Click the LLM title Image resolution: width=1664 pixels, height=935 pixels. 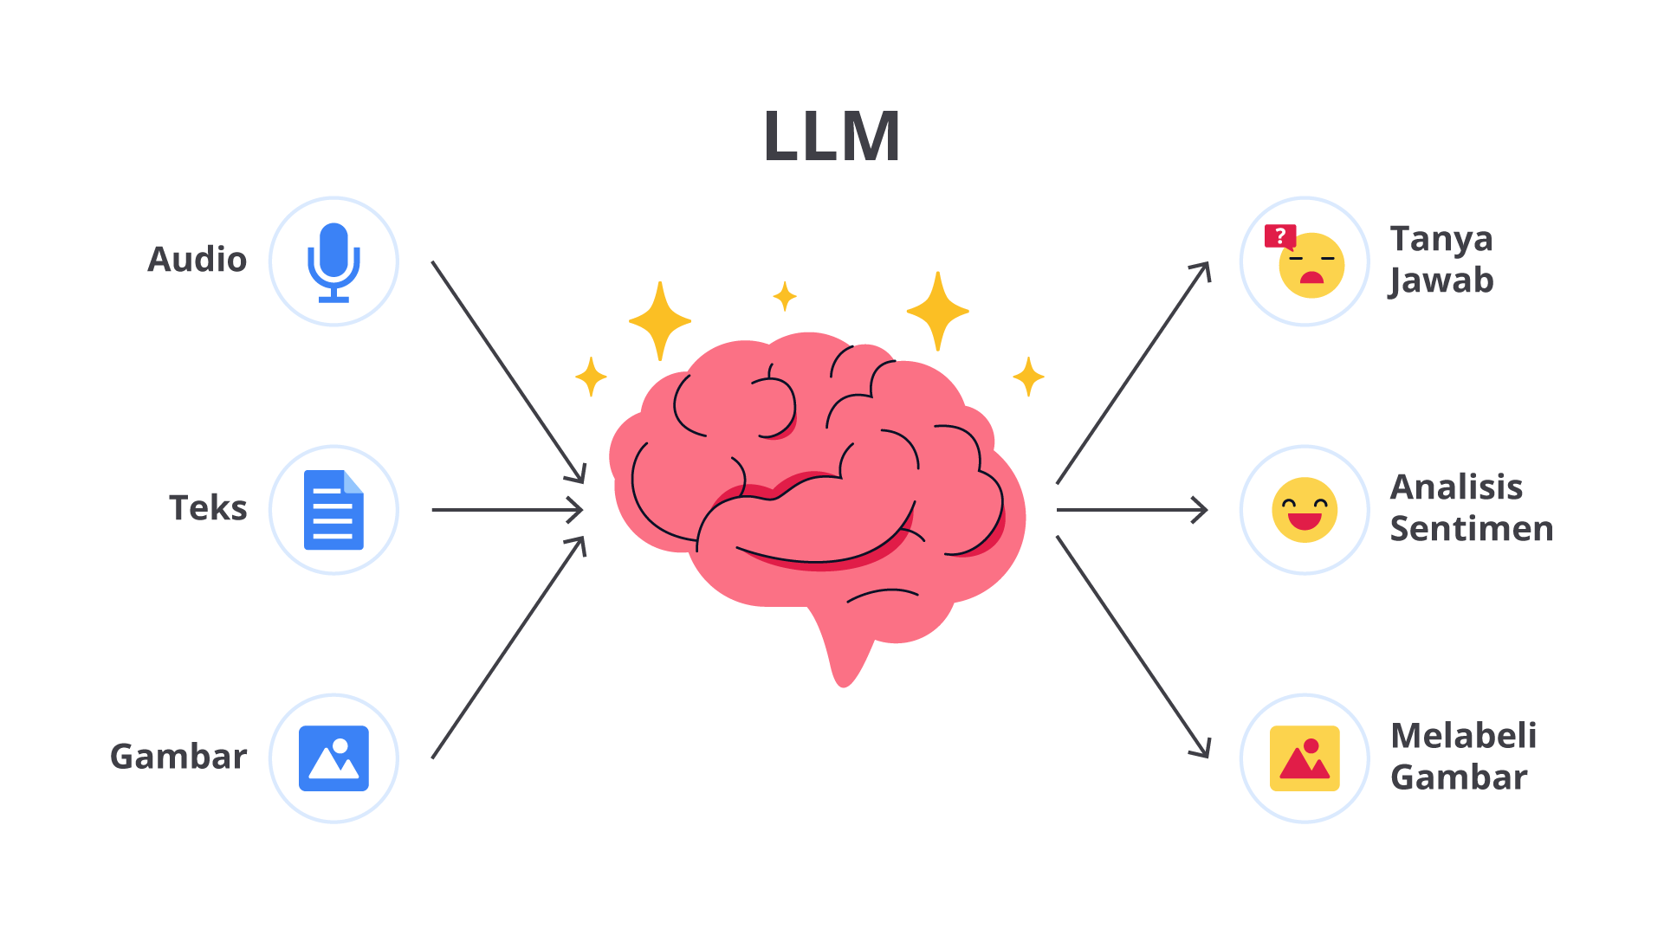(x=832, y=137)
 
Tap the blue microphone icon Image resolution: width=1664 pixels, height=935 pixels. (x=333, y=261)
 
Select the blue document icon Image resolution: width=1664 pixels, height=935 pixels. (x=333, y=510)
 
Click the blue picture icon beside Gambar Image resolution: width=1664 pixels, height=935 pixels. (x=333, y=758)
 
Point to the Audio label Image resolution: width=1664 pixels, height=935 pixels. (x=197, y=260)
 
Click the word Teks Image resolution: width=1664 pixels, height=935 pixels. (x=208, y=508)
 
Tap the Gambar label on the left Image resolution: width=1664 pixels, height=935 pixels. (x=178, y=757)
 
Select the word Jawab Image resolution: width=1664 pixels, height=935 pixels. (x=1441, y=281)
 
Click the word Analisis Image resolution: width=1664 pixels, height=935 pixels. (x=1456, y=487)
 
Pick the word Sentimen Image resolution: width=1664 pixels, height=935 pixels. (x=1472, y=529)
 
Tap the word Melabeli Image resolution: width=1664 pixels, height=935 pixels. (x=1463, y=736)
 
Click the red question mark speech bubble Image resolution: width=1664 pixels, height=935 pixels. (x=1280, y=235)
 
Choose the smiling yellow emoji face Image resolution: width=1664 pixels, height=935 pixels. (x=1305, y=510)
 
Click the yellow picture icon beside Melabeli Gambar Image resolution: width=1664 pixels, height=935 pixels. (x=1305, y=758)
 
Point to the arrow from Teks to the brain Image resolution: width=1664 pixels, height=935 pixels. (x=507, y=510)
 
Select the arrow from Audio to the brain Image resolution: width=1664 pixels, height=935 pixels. (x=508, y=372)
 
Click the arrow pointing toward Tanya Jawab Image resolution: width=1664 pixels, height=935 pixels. (x=1133, y=372)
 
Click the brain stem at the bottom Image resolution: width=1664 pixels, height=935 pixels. (x=842, y=654)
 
